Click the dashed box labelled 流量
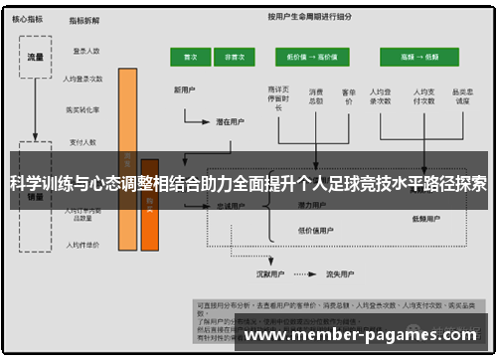tap(36, 57)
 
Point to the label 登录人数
tap(86, 50)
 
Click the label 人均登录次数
tap(83, 79)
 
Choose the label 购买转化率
tap(83, 109)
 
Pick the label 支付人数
tap(85, 140)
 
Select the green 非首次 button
tap(235, 58)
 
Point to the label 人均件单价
tap(83, 242)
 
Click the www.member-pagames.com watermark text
tap(364, 336)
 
